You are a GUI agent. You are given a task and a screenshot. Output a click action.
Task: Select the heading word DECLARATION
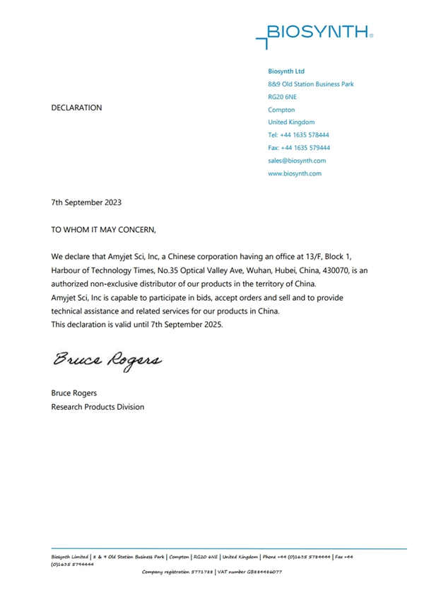77,108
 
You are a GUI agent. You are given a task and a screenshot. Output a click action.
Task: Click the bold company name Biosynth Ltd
286,71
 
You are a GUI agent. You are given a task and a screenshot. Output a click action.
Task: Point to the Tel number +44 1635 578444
305,135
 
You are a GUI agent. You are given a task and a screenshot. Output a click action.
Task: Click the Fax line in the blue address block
299,148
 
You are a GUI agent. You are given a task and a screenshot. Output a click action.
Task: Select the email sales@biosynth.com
297,161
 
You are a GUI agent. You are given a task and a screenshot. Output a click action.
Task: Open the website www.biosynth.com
295,173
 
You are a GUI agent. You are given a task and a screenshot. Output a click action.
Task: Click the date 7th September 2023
87,202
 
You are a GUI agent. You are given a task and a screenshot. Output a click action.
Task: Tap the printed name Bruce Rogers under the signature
74,393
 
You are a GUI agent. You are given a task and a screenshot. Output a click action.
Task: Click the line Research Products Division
98,407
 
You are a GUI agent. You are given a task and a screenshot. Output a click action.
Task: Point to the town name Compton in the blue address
281,110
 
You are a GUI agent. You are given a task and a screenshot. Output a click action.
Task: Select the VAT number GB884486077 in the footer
264,572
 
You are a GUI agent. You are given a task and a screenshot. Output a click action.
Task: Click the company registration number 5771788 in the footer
203,572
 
